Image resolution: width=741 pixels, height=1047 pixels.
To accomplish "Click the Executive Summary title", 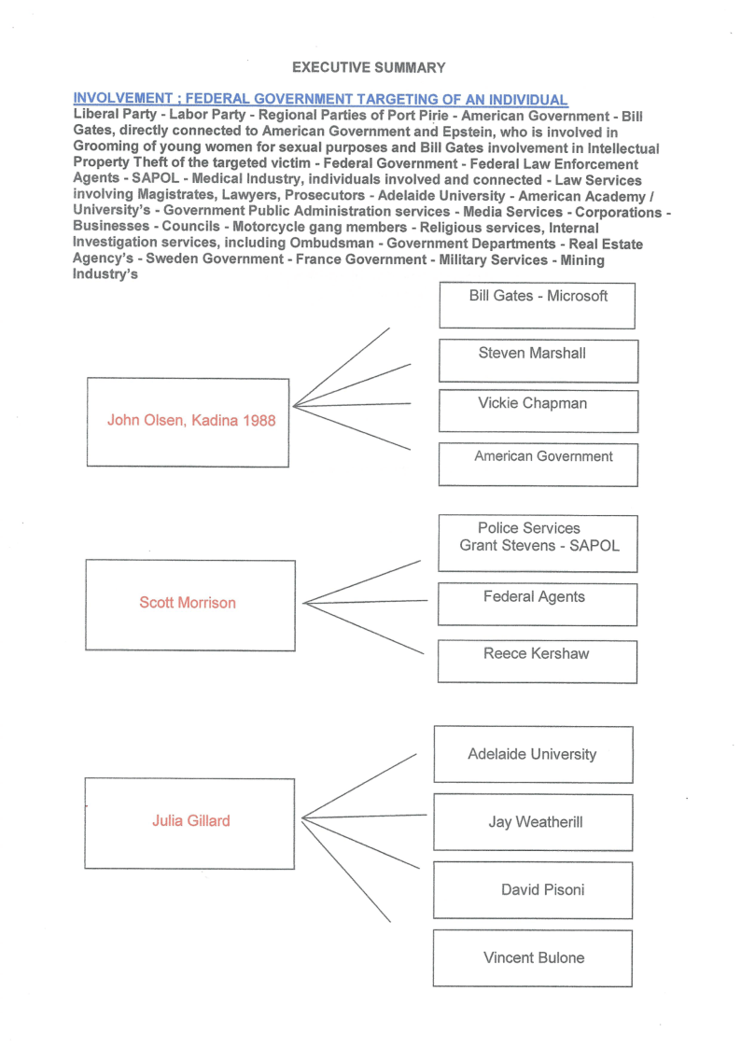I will pos(369,67).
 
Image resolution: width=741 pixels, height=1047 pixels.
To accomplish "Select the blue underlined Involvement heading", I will pos(320,100).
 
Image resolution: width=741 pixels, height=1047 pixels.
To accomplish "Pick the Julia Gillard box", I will pos(191,822).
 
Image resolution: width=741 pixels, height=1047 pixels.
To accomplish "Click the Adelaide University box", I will pos(533,754).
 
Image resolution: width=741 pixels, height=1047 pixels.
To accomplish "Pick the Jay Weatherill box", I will pos(533,822).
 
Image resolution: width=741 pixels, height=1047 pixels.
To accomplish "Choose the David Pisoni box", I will pos(533,889).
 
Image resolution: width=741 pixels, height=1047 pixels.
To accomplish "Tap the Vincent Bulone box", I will pos(533,957).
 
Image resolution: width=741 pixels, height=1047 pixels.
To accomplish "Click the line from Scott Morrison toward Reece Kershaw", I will pos(364,628).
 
